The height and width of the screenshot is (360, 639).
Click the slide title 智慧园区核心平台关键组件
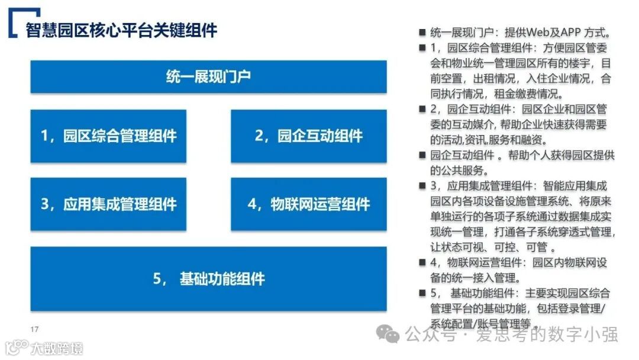point(121,30)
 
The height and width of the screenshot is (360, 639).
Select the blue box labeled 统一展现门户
point(208,76)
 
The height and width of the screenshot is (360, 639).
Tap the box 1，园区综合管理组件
point(108,136)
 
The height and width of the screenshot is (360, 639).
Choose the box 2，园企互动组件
point(308,136)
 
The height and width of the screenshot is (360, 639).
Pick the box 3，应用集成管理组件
point(108,204)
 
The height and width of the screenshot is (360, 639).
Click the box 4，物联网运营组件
point(308,204)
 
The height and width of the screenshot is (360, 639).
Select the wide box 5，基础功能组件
point(208,279)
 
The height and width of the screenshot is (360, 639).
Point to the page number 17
point(34,329)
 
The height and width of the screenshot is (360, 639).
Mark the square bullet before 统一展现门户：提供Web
point(422,33)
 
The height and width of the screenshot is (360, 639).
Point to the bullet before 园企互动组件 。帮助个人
point(422,156)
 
